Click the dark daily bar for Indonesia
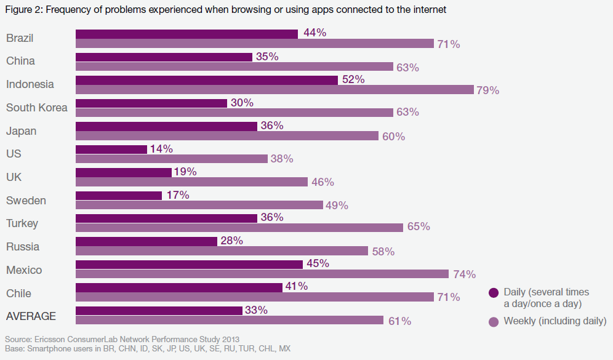pos(207,80)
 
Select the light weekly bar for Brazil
pos(255,44)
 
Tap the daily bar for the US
pos(111,150)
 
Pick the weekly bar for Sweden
pos(199,205)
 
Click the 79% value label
pos(487,90)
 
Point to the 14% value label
pos(161,149)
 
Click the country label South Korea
pos(37,108)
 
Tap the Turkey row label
pos(23,223)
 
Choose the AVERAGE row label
pos(31,316)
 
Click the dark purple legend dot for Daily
pos(493,292)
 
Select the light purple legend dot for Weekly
pos(493,321)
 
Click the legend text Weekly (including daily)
pos(555,321)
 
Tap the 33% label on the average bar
pos(256,310)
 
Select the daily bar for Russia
pos(146,242)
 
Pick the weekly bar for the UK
pos(191,182)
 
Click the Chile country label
pos(18,294)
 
